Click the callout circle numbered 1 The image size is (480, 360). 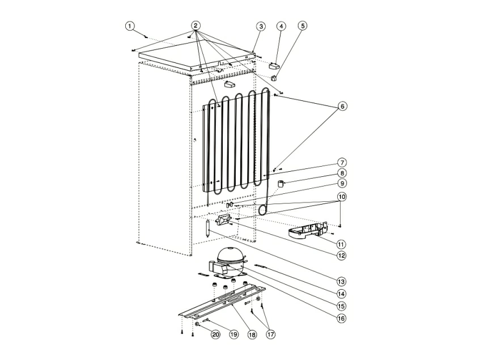[x=130, y=26]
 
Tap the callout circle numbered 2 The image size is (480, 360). [x=196, y=26]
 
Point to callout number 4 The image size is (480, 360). [x=281, y=26]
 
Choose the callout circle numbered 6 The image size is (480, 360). [x=342, y=106]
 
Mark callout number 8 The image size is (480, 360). [x=342, y=173]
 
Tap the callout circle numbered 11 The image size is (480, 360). [x=342, y=244]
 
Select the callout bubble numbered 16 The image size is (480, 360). [x=342, y=318]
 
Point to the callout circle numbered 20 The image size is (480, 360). [x=215, y=334]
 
